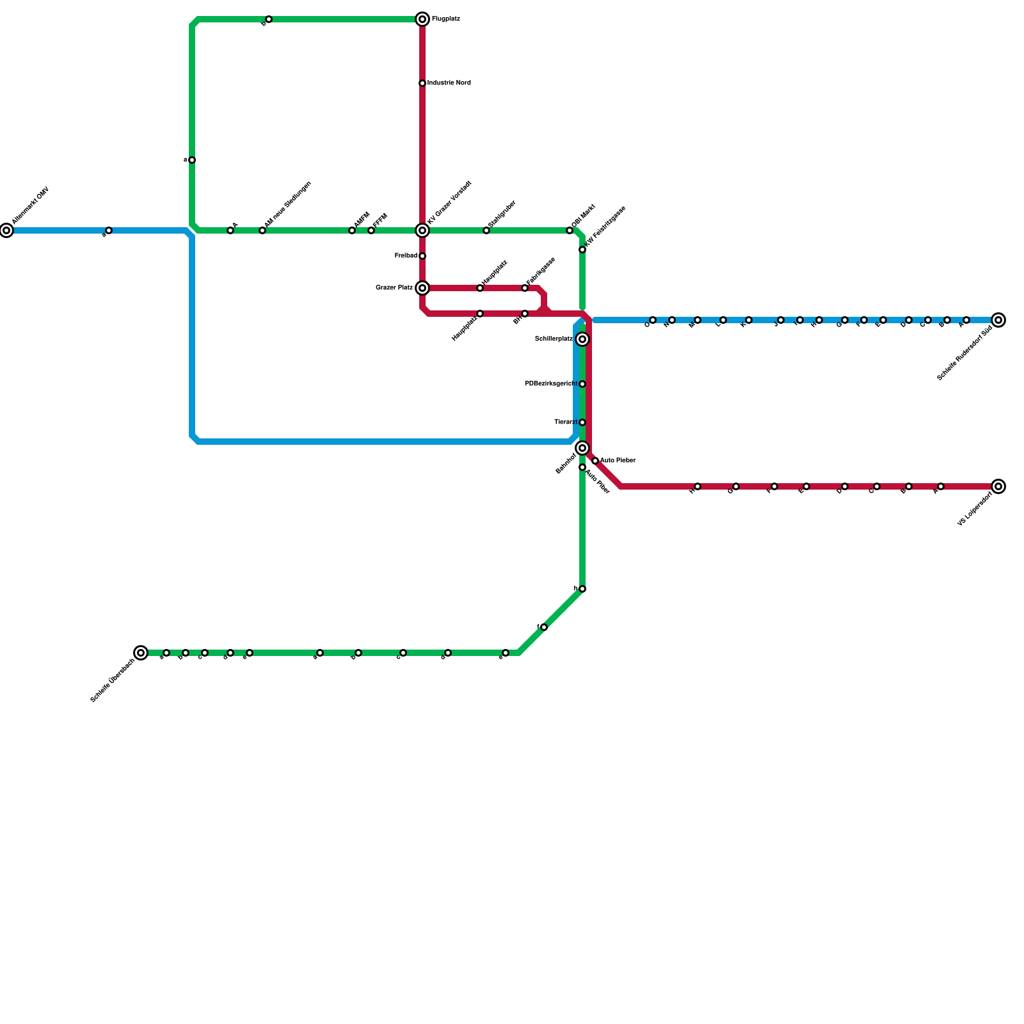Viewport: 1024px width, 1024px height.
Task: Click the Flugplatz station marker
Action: coord(422,19)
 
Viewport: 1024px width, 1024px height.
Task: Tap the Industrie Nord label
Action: coord(449,83)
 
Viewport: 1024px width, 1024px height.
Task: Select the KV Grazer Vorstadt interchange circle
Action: coord(422,230)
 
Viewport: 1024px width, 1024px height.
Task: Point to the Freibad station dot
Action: coord(422,256)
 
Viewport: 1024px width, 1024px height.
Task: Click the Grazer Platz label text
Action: coord(394,288)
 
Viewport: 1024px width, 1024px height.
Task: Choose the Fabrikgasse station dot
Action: coord(525,288)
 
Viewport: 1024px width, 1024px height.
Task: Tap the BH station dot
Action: coord(525,314)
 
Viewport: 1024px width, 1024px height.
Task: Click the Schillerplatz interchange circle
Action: coord(582,339)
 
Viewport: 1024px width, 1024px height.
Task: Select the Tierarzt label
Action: coord(566,422)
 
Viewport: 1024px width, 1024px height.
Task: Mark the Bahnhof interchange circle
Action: coord(582,448)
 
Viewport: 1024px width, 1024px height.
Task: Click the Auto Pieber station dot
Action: coord(595,461)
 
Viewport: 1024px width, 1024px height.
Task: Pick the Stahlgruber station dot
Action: coord(486,230)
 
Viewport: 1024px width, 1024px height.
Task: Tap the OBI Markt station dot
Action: coord(570,230)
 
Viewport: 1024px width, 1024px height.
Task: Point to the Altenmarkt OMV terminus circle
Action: coord(6,230)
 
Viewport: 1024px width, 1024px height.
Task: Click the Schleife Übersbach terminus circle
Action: coord(141,653)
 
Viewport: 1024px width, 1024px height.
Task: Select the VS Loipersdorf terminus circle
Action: coord(998,486)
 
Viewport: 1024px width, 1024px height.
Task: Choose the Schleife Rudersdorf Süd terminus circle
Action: coord(998,320)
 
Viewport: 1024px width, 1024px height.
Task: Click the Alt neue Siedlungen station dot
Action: coord(262,230)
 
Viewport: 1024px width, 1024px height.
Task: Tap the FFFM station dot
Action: coord(371,230)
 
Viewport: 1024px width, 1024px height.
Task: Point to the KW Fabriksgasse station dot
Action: coord(582,250)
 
